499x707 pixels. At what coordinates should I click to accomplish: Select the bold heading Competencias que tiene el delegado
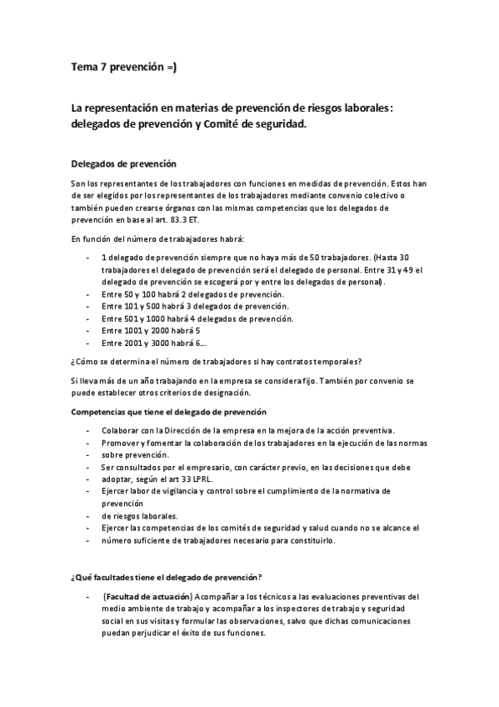pyautogui.click(x=168, y=412)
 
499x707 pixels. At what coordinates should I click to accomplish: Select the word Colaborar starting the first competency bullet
pyautogui.click(x=123, y=430)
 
